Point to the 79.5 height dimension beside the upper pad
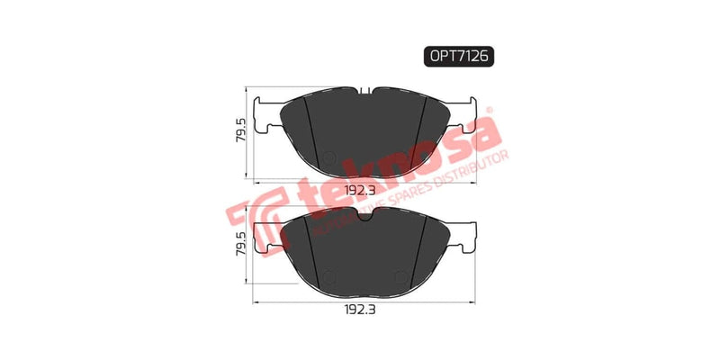238,133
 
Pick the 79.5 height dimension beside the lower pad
238,246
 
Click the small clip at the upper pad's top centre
364,91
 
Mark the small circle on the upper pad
329,159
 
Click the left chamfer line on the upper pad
310,126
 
